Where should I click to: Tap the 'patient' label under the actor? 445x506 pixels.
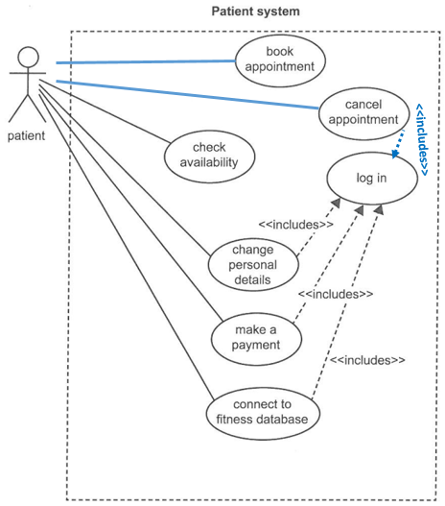(x=27, y=135)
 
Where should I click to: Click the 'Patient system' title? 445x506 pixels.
(x=256, y=12)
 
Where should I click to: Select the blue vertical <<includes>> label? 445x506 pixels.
(x=422, y=139)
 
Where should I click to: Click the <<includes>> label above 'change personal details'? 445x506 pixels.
(x=295, y=225)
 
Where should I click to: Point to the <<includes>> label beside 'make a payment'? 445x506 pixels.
(x=336, y=294)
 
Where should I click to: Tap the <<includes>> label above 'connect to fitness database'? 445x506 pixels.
(x=367, y=360)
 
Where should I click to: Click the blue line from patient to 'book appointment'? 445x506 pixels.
(x=146, y=61)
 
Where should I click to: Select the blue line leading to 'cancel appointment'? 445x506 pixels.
(x=188, y=94)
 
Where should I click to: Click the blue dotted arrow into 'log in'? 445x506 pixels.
(x=398, y=144)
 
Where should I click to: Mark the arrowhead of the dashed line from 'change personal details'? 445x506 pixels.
(x=336, y=203)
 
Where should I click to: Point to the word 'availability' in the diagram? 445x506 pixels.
(x=209, y=162)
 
